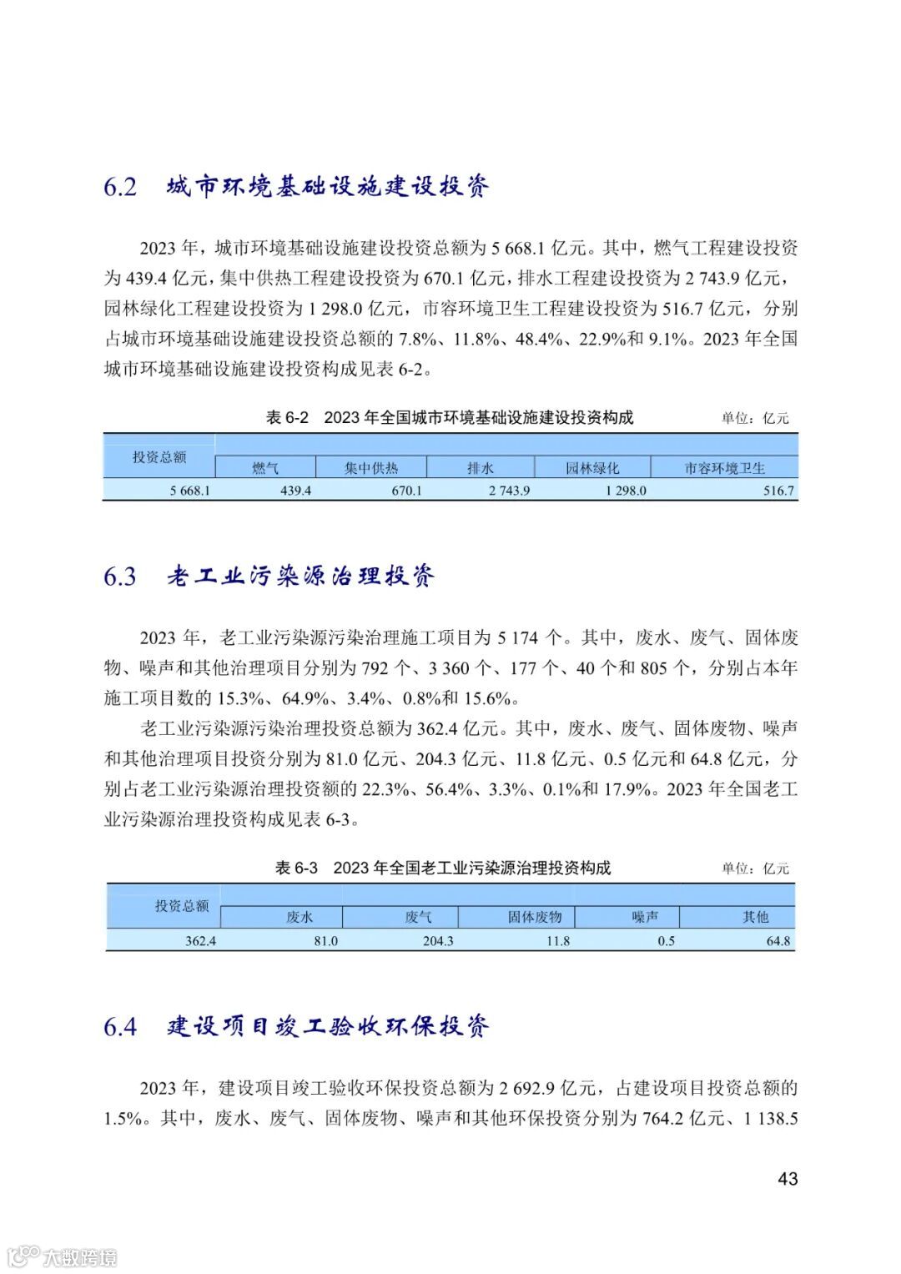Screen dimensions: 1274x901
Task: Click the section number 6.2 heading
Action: coord(120,187)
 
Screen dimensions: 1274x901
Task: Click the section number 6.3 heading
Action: coord(120,577)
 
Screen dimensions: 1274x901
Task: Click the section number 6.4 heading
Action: coord(120,1026)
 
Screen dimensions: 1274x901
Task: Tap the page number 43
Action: coord(788,1179)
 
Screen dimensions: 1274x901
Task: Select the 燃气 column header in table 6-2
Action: coord(265,468)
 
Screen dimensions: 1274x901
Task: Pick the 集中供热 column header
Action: coord(371,468)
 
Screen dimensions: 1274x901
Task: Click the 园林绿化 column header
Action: coord(592,468)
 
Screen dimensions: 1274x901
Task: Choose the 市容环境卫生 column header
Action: coord(724,468)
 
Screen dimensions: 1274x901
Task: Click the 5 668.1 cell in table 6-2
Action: coord(189,491)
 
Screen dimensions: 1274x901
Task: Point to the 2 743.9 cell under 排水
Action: coord(509,491)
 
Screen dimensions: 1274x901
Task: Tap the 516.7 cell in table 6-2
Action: coord(778,491)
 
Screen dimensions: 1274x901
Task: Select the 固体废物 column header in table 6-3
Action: coord(535,917)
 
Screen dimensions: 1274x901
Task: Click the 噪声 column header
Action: coord(645,917)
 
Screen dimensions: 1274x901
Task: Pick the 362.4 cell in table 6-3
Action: coord(200,941)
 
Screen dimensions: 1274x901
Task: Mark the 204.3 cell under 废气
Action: coord(438,941)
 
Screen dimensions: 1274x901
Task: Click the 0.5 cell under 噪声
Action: coord(666,941)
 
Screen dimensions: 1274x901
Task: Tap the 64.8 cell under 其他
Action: coord(778,941)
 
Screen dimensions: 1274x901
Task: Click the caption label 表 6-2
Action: coord(287,418)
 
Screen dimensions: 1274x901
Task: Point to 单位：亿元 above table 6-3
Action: coord(755,869)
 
